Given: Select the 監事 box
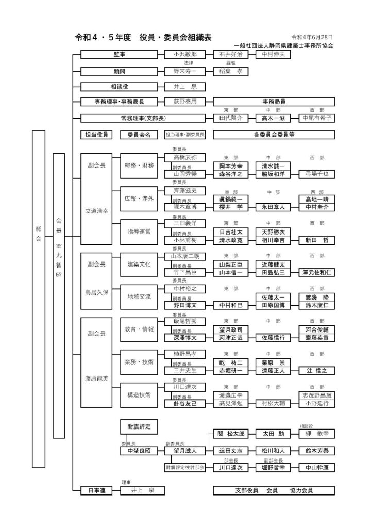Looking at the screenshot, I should pos(119,54).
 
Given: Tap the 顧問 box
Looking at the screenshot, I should pos(119,70).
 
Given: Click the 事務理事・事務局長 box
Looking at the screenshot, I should pos(119,102).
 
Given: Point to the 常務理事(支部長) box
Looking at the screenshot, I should pos(119,118).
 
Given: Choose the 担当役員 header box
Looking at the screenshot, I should pos(96,135).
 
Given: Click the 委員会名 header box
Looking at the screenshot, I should pos(139,135).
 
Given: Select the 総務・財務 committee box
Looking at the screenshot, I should pos(139,166).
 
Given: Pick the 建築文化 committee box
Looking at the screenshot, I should pos(139,264).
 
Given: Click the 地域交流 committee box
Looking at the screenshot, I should pos(139,297).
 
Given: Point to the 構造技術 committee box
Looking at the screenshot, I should pos(139,395).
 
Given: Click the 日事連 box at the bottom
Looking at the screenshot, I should pos(96,490).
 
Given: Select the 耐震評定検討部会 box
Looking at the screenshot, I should pos(185,467).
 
